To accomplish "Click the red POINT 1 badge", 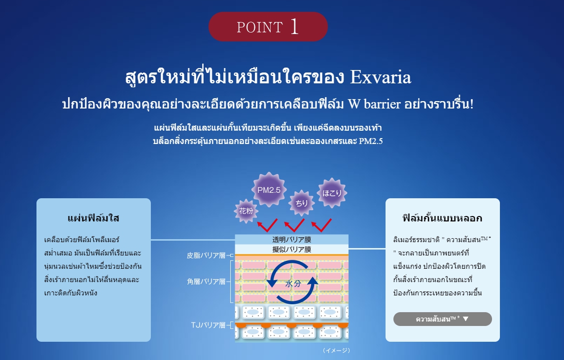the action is point(268,27).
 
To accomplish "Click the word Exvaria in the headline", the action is point(381,77).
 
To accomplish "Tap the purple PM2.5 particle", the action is point(269,190).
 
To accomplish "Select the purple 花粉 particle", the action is point(246,211).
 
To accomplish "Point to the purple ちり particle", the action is point(301,203).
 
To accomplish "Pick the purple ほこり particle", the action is point(332,193).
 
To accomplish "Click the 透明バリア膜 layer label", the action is point(292,240).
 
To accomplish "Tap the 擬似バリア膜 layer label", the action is point(292,249).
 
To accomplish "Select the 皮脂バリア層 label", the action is point(206,255).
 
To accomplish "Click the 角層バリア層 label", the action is point(206,282).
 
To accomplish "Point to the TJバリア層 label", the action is point(208,325).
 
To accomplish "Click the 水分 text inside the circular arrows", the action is point(293,284).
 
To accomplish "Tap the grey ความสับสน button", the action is point(442,319).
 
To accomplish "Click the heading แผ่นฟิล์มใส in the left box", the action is point(93,218).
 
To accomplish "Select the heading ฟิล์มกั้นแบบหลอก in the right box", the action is point(442,218).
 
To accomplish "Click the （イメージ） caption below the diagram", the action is point(336,350).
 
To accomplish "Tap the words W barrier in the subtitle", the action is point(375,104).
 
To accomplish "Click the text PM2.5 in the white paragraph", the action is point(371,141).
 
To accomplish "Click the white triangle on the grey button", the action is point(466,319).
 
